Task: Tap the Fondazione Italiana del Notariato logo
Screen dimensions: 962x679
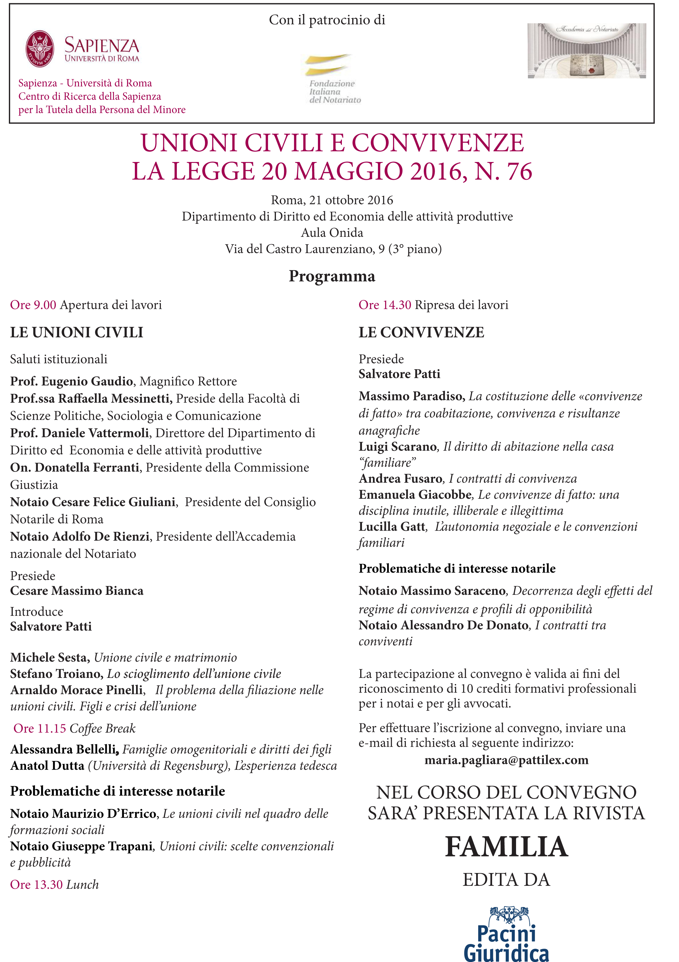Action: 331,79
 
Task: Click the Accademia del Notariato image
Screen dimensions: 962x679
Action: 586,51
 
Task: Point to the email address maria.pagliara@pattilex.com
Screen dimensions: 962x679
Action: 506,759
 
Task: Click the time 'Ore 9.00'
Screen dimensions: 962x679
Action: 33,305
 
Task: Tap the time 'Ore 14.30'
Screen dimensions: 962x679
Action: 384,305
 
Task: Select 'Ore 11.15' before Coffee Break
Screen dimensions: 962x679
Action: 40,728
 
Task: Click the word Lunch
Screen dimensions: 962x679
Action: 83,885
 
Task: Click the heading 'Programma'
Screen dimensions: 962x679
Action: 332,276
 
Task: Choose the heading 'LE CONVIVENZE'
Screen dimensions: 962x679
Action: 421,332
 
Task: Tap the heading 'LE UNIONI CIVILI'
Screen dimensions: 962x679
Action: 77,332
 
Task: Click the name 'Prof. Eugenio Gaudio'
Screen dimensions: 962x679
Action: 72,381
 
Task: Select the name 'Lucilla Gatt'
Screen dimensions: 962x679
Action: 392,527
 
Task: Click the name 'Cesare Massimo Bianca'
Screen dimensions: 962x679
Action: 77,591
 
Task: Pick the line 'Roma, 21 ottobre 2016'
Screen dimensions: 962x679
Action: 332,200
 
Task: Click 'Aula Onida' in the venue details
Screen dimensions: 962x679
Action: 332,233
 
